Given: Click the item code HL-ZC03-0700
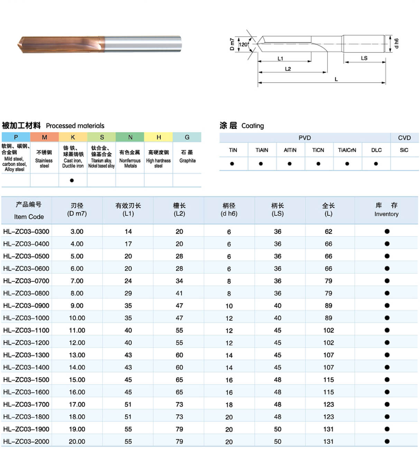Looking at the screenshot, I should pos(26,281).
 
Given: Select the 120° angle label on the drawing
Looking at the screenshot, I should pos(243,44).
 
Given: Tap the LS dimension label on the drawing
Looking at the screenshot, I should pos(364,58).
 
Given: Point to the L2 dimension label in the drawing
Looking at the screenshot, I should pos(288,69).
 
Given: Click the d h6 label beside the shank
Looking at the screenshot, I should pos(396,43).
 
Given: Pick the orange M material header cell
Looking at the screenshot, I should pos(44,137).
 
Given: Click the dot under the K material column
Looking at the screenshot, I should pos(72,180).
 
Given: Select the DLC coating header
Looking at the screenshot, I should pos(376,150).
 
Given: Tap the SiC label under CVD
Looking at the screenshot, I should pos(404,150).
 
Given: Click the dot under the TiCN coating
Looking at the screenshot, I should pos(318,164).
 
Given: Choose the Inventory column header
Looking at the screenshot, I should pos(386,210).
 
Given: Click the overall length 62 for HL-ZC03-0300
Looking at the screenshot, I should pos(328,232).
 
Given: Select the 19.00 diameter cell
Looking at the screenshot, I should pos(77,429).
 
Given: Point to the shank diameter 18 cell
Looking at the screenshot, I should pos(229,405).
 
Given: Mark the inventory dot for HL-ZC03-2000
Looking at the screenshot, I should pos(387,441).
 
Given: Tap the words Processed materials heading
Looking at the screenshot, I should pos(75,126).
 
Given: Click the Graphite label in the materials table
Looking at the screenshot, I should pos(187,161).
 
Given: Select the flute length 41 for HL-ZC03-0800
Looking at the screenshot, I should pos(179,293).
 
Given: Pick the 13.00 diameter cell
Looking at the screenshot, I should pos(77,355).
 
